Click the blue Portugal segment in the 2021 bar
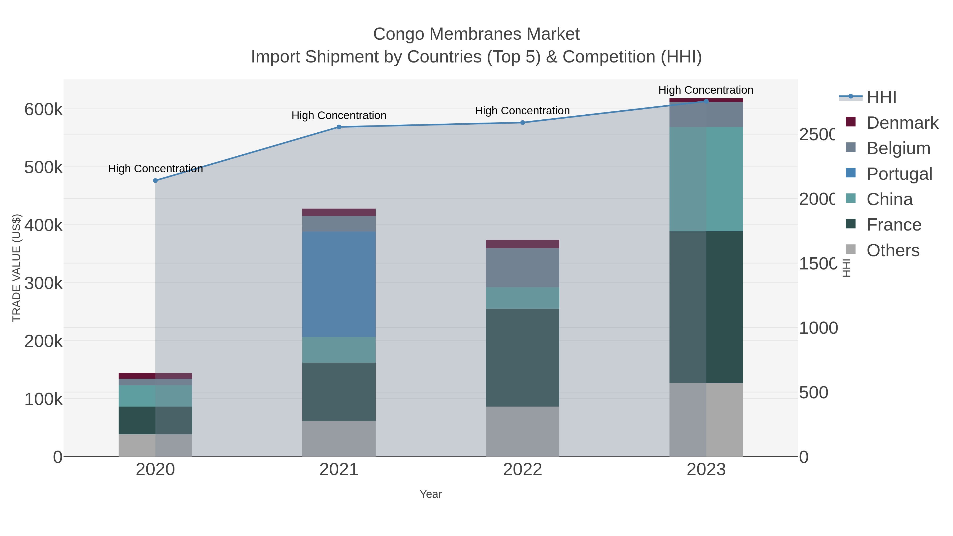coord(339,284)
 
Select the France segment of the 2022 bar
coord(522,357)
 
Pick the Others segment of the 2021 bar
coord(339,438)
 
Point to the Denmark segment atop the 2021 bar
coord(339,212)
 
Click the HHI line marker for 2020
coord(155,181)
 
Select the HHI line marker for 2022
coord(522,123)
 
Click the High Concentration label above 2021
coord(339,115)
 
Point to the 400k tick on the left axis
coord(43,225)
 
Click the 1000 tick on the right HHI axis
coord(818,328)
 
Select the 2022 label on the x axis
coord(522,469)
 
